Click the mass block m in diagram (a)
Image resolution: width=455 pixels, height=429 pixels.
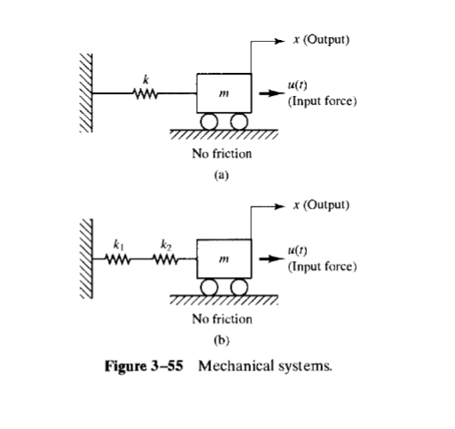pyautogui.click(x=223, y=92)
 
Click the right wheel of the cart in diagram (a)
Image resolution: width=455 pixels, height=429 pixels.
pyautogui.click(x=238, y=121)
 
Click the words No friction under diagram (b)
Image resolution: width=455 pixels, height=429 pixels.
pyautogui.click(x=222, y=318)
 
